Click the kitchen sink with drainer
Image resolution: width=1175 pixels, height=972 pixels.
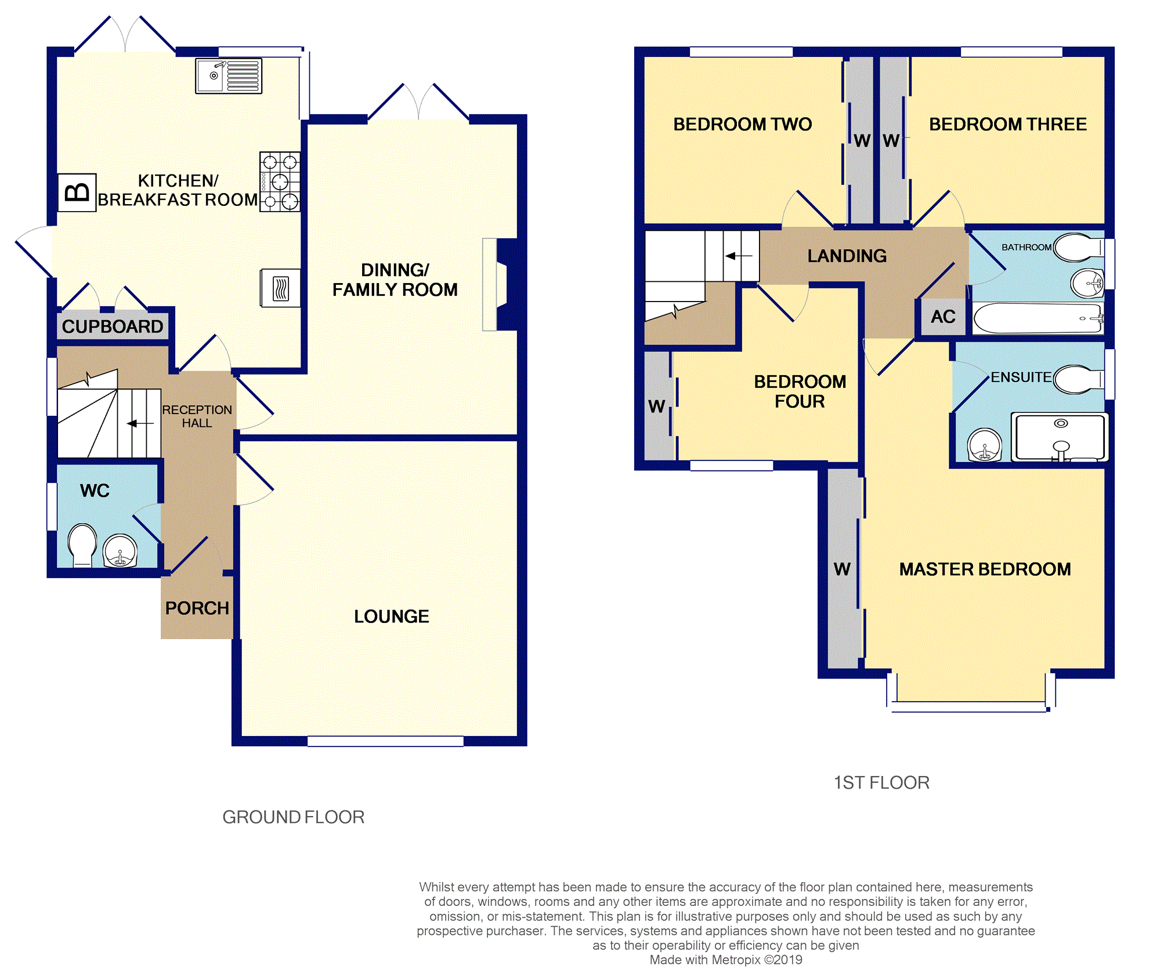229,76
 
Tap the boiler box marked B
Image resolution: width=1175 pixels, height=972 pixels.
77,192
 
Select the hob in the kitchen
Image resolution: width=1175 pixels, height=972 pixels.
280,182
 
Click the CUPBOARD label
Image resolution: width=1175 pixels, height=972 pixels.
113,327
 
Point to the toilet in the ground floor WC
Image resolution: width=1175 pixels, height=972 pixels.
82,545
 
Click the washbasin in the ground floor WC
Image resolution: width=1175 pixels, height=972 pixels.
120,550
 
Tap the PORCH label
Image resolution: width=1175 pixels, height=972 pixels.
197,608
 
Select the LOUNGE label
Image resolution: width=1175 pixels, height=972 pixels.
392,616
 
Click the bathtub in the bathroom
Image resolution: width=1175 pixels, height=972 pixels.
1038,318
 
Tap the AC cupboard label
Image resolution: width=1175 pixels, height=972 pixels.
943,317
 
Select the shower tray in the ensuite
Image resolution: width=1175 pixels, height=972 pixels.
1060,437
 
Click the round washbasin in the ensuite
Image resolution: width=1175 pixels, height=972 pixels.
985,444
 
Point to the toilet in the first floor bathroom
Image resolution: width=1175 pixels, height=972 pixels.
1079,248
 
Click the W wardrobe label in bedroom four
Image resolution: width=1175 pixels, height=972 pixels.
657,407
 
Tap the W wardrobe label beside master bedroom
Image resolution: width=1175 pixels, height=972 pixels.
843,569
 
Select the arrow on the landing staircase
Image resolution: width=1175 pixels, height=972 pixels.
739,256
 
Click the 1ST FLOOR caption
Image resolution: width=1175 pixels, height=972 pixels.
881,782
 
